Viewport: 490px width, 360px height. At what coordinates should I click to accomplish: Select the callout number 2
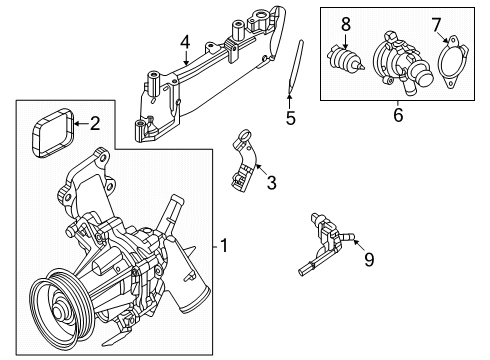pyautogui.click(x=95, y=125)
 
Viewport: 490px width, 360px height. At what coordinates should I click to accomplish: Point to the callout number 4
pyautogui.click(x=184, y=42)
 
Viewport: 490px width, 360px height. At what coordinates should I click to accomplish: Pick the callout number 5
pyautogui.click(x=290, y=117)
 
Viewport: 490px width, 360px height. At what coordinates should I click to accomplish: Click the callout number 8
pyautogui.click(x=345, y=22)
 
